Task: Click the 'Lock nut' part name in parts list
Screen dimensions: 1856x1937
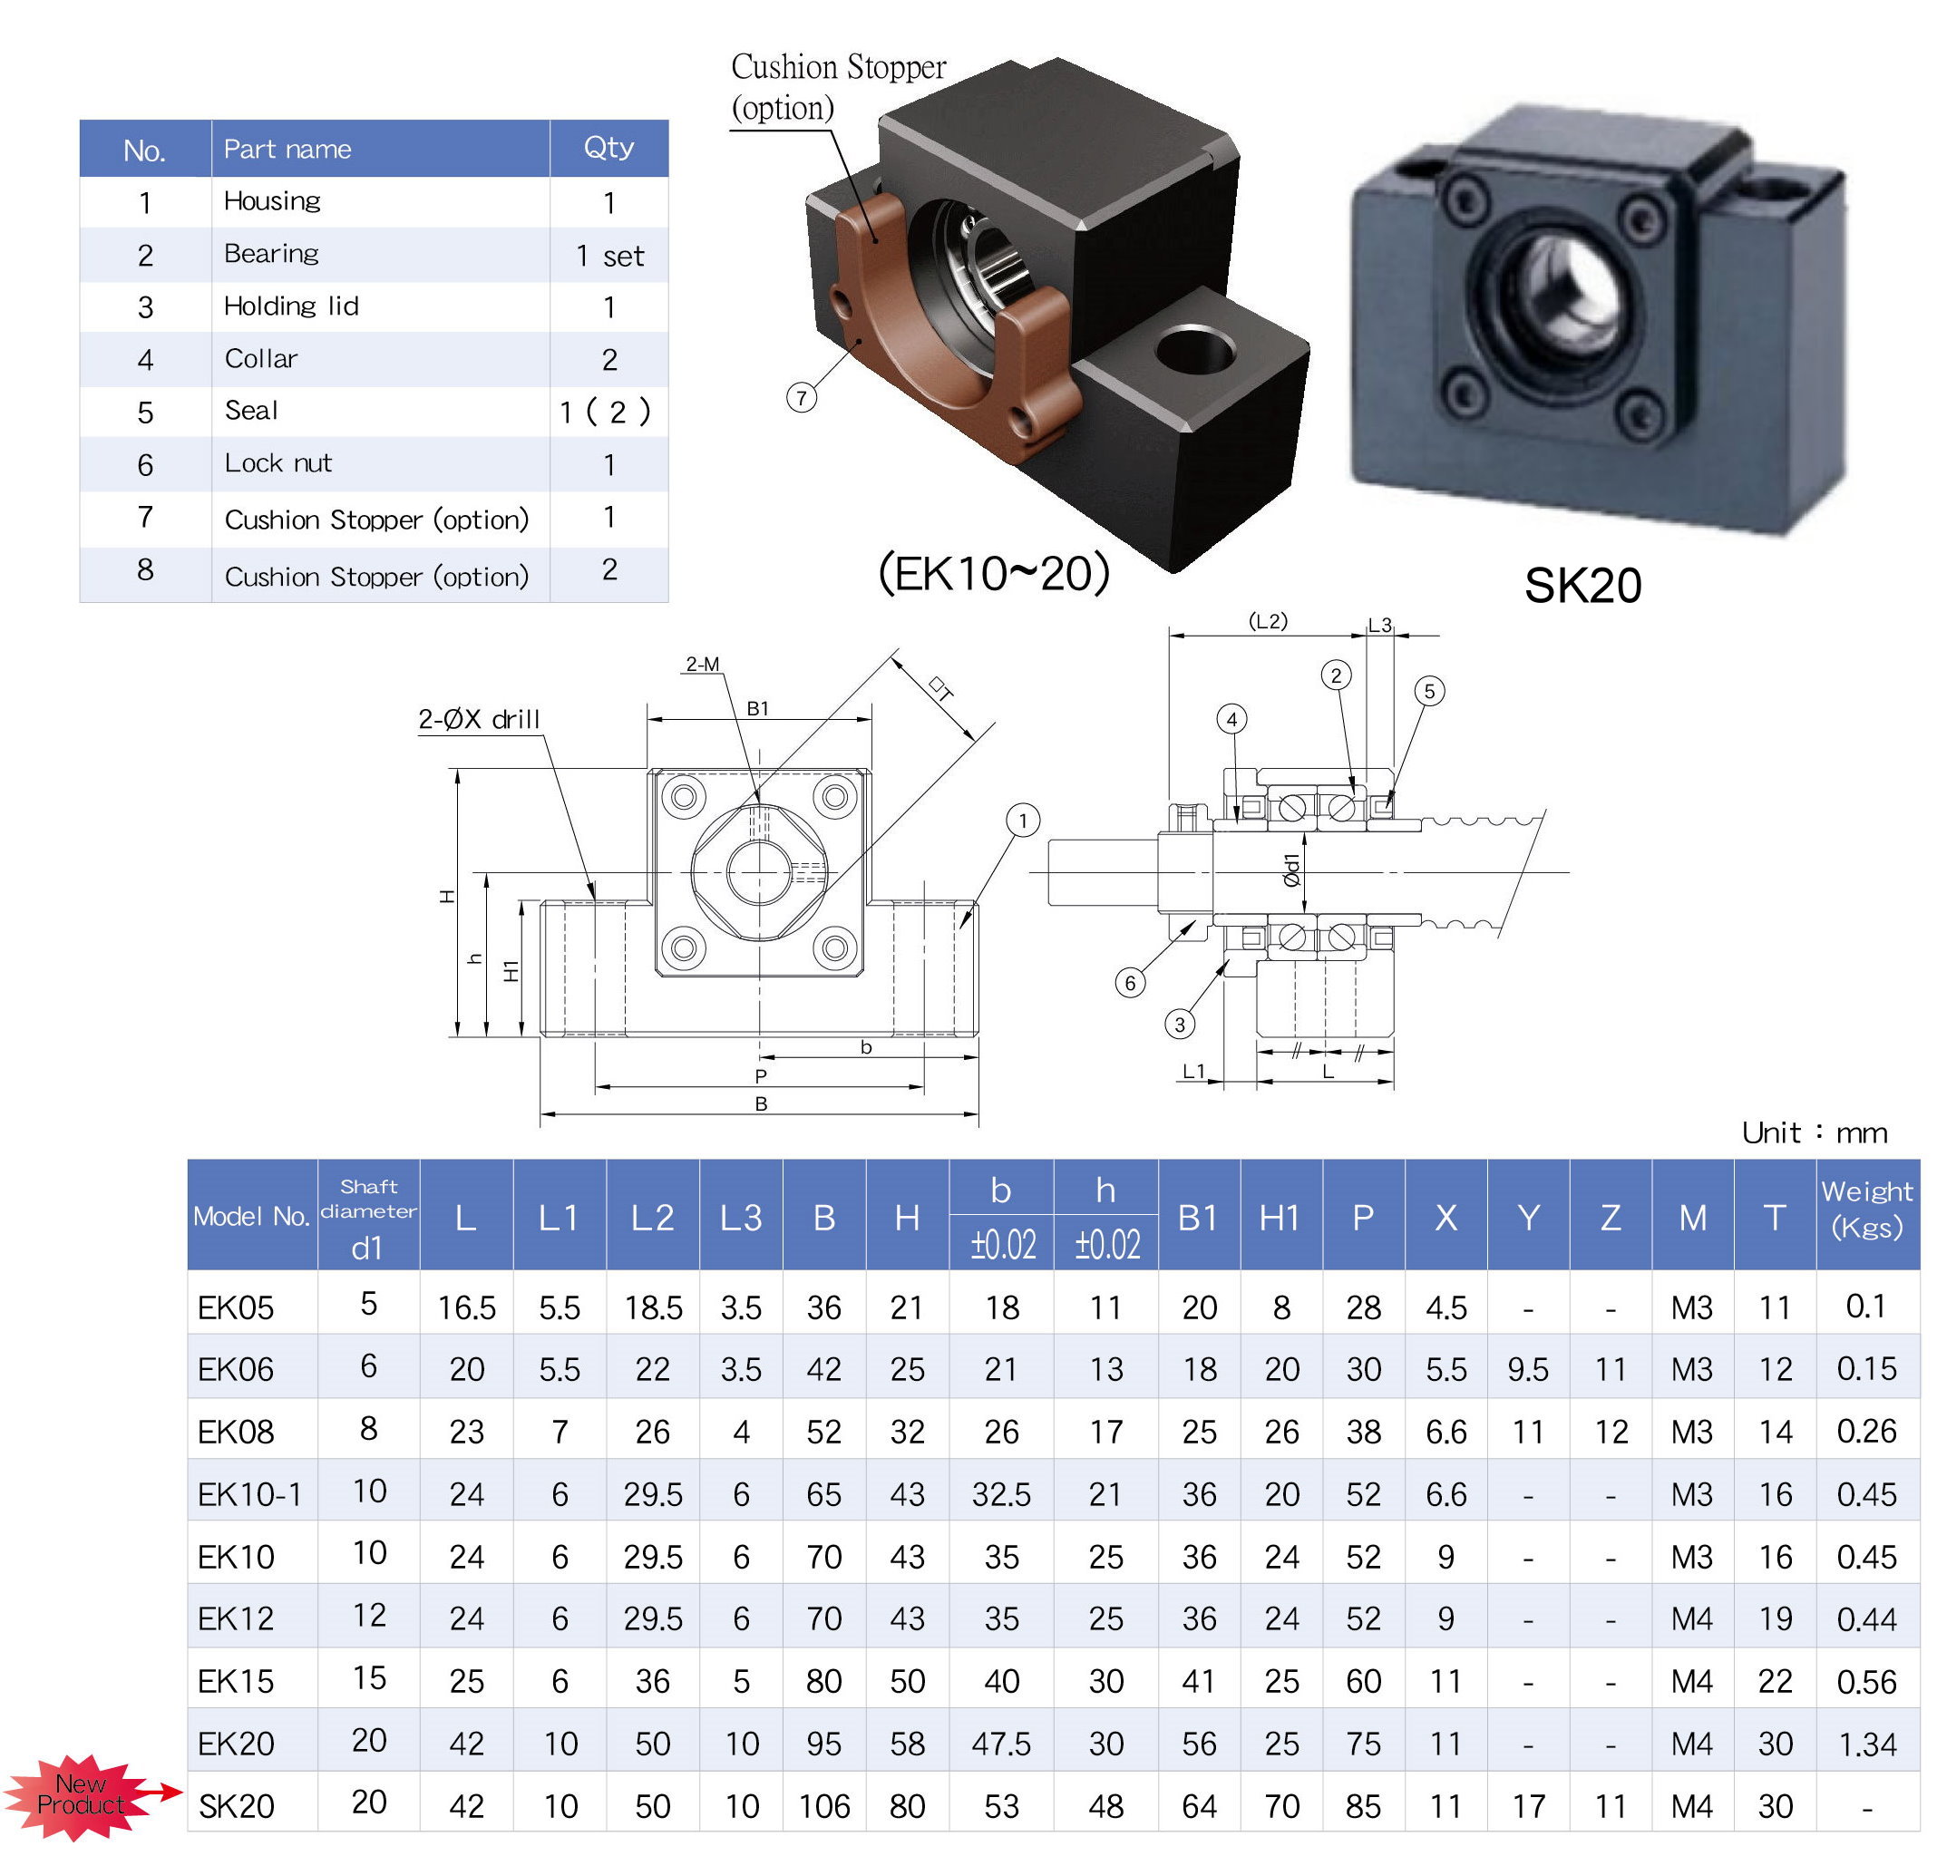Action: [277, 462]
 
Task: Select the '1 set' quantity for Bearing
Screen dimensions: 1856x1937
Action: [608, 256]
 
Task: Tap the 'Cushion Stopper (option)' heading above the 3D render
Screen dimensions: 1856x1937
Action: [837, 87]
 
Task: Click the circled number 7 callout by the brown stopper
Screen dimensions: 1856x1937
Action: [801, 397]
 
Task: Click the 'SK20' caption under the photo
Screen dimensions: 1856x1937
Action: [1582, 585]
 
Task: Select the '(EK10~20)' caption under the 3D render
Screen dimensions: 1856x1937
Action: [993, 573]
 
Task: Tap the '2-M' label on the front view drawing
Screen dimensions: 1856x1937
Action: [702, 664]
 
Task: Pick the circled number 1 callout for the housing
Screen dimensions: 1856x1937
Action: [1023, 820]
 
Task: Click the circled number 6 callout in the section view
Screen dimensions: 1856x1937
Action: [1130, 982]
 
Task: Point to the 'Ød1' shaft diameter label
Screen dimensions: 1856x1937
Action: [1290, 870]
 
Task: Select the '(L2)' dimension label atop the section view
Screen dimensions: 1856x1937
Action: [1268, 621]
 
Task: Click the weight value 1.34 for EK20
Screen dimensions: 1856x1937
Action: [1866, 1744]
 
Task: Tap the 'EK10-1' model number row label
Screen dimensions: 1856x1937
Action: [249, 1494]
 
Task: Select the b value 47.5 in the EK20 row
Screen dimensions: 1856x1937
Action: [1000, 1744]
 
